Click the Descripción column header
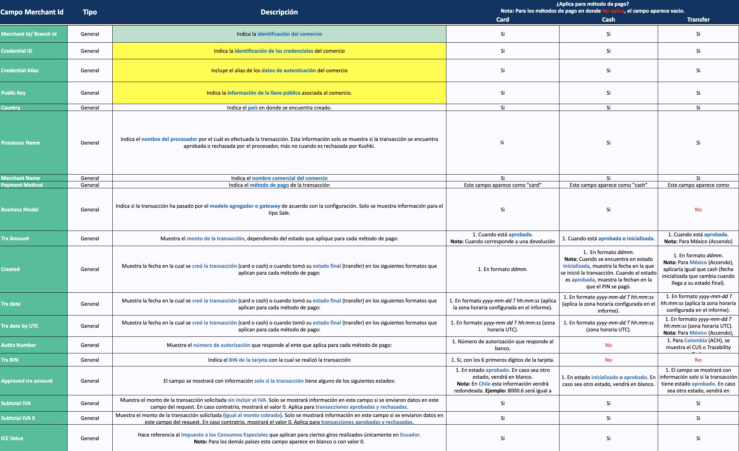(279, 12)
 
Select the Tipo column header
(90, 12)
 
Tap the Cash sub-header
(608, 20)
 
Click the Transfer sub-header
(698, 20)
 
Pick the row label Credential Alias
(20, 70)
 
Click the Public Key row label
(13, 93)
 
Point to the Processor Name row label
(21, 143)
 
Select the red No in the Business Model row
(698, 210)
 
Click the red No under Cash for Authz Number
(608, 345)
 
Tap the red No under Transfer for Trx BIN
(698, 360)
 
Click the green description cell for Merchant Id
(279, 34)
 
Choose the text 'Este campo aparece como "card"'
(502, 185)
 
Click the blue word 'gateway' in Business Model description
(270, 206)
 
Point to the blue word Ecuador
(410, 435)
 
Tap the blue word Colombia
(695, 340)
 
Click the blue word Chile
(484, 384)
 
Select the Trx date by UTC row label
(20, 326)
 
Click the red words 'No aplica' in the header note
(613, 11)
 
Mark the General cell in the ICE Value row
(90, 438)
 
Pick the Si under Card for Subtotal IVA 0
(502, 418)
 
